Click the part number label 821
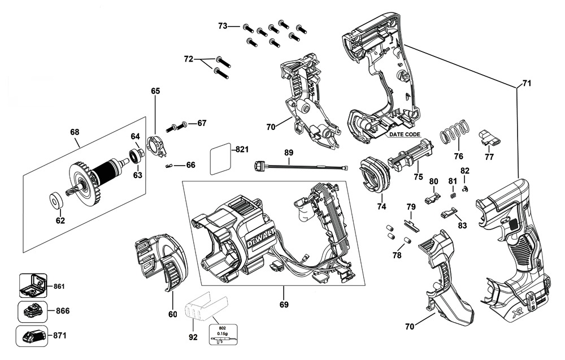click(x=242, y=149)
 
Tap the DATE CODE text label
click(x=405, y=135)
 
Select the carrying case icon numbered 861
click(x=33, y=285)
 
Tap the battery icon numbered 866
click(x=32, y=312)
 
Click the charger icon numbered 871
click(x=32, y=336)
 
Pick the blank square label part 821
click(x=220, y=159)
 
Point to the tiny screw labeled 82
click(x=465, y=188)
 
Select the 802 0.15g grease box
click(x=223, y=335)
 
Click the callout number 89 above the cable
click(x=289, y=153)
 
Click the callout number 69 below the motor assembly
click(x=284, y=305)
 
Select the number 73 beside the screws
click(x=223, y=26)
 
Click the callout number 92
click(x=193, y=337)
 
